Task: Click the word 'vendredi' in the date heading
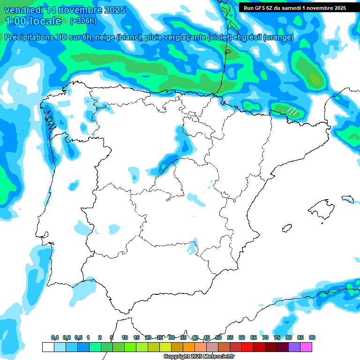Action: pos(22,10)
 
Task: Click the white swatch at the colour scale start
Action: pos(48,347)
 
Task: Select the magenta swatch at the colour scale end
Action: pos(306,347)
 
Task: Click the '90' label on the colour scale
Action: pos(312,337)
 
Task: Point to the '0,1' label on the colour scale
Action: pos(55,337)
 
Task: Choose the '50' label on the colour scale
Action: pos(218,337)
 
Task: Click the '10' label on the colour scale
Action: pos(125,337)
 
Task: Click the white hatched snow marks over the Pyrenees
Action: pos(292,112)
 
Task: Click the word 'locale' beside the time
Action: pos(45,21)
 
